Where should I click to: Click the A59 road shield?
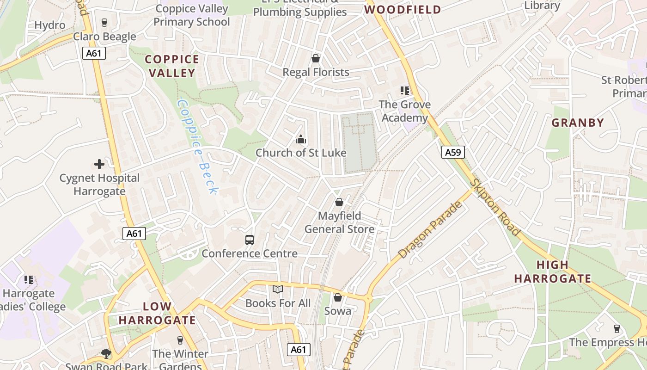pyautogui.click(x=452, y=152)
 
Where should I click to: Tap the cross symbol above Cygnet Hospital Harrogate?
pyautogui.click(x=99, y=164)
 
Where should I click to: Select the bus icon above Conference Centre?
pyautogui.click(x=250, y=240)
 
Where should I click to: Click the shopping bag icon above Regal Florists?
pyautogui.click(x=316, y=58)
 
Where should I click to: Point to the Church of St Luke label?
pyautogui.click(x=301, y=153)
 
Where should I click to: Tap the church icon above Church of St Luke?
pyautogui.click(x=301, y=139)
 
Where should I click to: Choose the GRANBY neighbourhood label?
pyautogui.click(x=578, y=123)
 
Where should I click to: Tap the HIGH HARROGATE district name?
pyautogui.click(x=553, y=272)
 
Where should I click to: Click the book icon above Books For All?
pyautogui.click(x=277, y=290)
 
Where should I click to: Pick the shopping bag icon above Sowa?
pyautogui.click(x=338, y=297)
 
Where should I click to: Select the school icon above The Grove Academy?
pyautogui.click(x=405, y=91)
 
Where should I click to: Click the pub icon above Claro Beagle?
pyautogui.click(x=104, y=23)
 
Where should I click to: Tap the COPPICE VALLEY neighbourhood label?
pyautogui.click(x=172, y=66)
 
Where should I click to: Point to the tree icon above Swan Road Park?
pyautogui.click(x=106, y=354)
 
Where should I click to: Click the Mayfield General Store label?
pyautogui.click(x=339, y=222)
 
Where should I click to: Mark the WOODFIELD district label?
pyautogui.click(x=403, y=9)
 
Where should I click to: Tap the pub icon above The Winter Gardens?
pyautogui.click(x=180, y=340)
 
